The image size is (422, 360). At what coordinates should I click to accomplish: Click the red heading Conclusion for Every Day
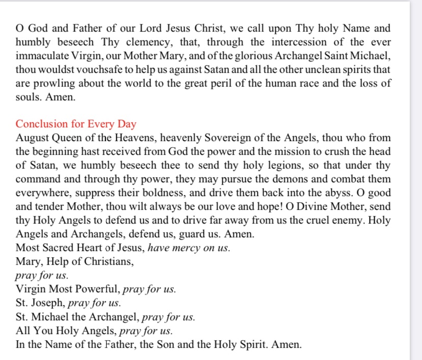76,124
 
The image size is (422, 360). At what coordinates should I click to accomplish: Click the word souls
27,97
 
